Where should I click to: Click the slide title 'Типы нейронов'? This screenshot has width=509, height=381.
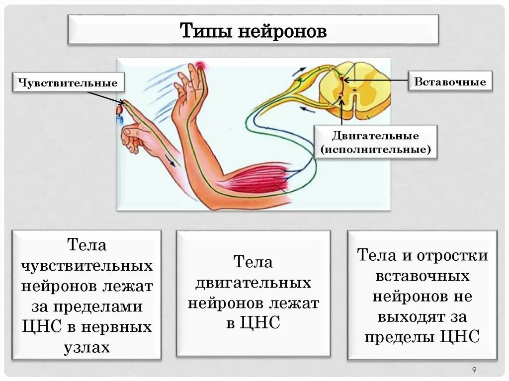[x=253, y=31]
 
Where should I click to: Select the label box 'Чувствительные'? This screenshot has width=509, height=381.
[x=68, y=82]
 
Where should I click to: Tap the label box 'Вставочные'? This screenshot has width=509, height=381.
[x=450, y=81]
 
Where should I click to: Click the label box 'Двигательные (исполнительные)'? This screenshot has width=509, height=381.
[x=376, y=142]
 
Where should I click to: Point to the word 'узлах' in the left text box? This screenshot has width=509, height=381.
[x=86, y=347]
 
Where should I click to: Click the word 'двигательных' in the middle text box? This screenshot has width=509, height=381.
[x=253, y=283]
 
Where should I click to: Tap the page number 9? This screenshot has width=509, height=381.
[x=474, y=369]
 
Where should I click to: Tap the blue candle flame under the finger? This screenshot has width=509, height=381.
[x=119, y=118]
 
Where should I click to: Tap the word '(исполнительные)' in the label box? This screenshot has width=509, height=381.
[x=376, y=149]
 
